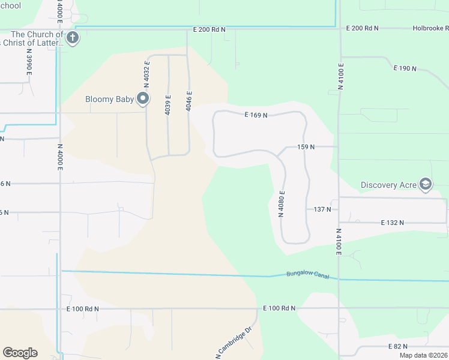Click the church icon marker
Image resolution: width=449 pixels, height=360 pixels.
[72, 38]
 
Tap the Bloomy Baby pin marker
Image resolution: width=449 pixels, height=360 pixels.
[143, 98]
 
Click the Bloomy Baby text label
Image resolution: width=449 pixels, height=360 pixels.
[110, 99]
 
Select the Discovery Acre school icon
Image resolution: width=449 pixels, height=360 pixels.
[426, 184]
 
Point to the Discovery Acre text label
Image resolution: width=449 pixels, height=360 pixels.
[389, 185]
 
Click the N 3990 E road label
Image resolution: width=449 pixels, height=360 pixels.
[28, 62]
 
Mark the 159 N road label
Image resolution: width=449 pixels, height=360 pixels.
[306, 147]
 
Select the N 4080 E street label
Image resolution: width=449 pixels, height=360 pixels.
[280, 203]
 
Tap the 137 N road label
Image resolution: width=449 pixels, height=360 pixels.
[322, 209]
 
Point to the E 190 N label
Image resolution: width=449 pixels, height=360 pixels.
[405, 68]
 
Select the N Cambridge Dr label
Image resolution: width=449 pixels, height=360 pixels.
[234, 343]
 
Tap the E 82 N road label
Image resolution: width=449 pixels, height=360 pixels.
[398, 346]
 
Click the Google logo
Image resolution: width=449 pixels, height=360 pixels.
[20, 353]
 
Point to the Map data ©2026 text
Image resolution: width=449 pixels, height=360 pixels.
[424, 355]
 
